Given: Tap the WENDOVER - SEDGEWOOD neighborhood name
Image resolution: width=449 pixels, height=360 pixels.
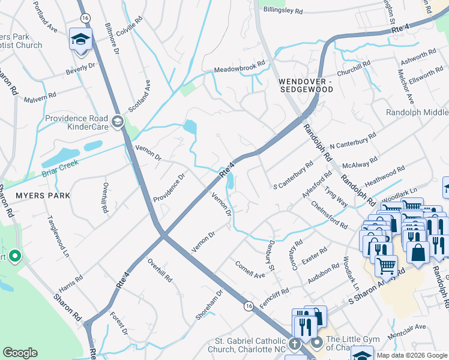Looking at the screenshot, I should point(306,85).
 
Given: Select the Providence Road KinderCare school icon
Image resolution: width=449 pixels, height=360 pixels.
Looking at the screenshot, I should point(117,122).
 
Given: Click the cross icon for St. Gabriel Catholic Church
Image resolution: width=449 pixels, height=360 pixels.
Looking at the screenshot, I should point(294,345).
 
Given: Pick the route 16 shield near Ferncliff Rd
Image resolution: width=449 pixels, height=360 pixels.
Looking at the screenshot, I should point(249,306).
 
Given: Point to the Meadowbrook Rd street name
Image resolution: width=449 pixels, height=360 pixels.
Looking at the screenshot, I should point(240,70).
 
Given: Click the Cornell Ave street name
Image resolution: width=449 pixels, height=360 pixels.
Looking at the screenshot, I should point(250,269).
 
